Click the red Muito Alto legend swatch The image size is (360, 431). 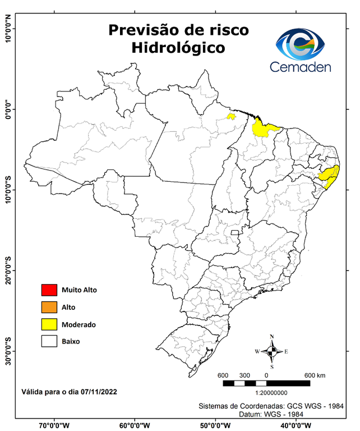click(x=49, y=290)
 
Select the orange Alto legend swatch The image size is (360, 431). click(x=49, y=307)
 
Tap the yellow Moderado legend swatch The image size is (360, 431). click(x=49, y=324)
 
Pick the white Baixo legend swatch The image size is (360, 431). click(x=49, y=341)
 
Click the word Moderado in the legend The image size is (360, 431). click(x=79, y=324)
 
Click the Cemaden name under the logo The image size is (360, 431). click(x=301, y=67)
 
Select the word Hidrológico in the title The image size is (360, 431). click(x=178, y=48)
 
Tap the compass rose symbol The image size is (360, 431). click(x=271, y=351)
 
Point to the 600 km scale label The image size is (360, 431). click(x=315, y=375)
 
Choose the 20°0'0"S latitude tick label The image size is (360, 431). click(x=8, y=270)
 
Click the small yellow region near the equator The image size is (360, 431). click(x=230, y=117)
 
